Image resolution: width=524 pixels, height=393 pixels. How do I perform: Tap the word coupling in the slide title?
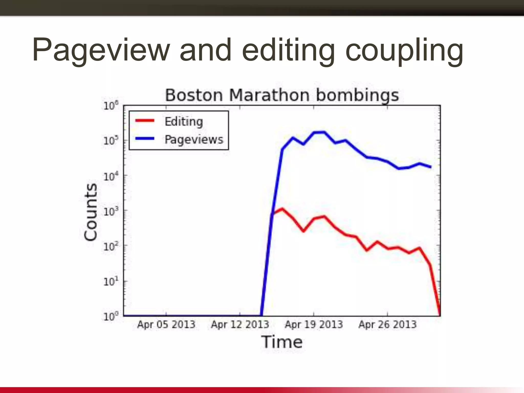[x=404, y=50]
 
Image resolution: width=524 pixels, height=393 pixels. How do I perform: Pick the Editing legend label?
[x=184, y=121]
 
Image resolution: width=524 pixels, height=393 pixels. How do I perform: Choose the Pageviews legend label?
[x=194, y=139]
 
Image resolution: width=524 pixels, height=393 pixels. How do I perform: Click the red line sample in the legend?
[x=145, y=121]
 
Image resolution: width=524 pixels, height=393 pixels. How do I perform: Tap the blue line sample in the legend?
[x=145, y=139]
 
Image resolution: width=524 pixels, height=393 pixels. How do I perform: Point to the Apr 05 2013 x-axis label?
[x=166, y=324]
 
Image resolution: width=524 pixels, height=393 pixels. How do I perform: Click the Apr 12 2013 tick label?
[x=240, y=324]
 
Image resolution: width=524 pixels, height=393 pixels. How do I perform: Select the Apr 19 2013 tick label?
[x=314, y=324]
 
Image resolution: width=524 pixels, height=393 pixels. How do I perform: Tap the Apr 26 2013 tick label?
[x=387, y=324]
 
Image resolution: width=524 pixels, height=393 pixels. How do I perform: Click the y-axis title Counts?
[x=91, y=212]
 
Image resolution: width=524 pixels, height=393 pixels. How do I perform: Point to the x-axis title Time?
[x=282, y=342]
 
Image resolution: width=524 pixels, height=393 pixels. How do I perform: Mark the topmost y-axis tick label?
[x=111, y=106]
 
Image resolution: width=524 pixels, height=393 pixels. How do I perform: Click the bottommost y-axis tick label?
[x=111, y=316]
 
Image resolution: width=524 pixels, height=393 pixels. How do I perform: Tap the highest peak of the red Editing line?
[x=282, y=209]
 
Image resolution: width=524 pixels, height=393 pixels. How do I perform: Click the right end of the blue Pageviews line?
[x=431, y=167]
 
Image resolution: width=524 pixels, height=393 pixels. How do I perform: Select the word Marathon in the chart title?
[x=269, y=95]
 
